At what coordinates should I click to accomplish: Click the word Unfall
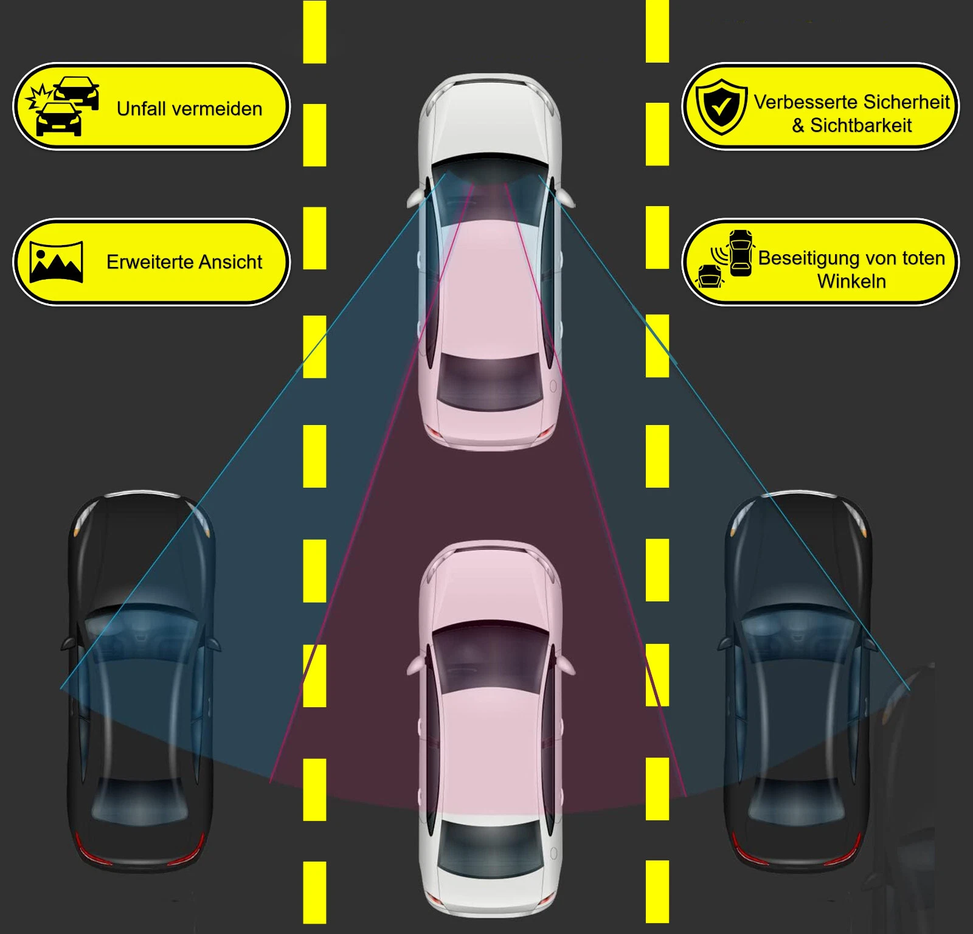pos(142,108)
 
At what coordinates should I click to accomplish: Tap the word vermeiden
pos(217,108)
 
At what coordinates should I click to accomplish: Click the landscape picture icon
pos(56,261)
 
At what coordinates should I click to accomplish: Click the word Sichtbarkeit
pos(861,125)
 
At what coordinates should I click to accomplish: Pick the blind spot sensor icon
pos(724,258)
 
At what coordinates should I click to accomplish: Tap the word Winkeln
pos(851,281)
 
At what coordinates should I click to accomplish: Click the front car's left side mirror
pos(416,198)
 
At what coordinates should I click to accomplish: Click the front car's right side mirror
pos(566,198)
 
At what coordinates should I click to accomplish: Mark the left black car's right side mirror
pos(213,643)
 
